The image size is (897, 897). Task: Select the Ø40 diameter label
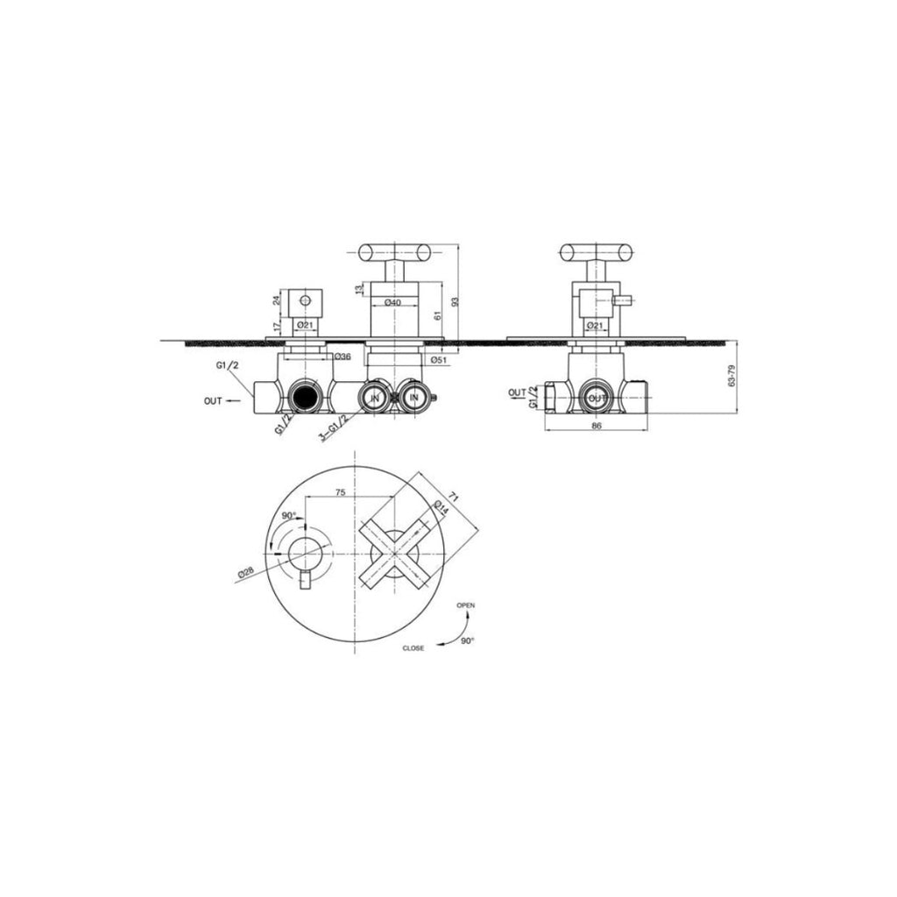point(393,302)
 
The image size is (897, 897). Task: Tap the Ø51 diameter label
point(437,358)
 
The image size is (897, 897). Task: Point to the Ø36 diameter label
point(342,357)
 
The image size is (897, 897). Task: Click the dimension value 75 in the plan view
point(340,493)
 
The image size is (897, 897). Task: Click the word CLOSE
point(413,648)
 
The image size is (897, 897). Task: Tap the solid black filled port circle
point(304,398)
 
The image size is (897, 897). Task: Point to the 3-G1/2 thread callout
point(334,427)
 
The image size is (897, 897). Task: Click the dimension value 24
point(277,300)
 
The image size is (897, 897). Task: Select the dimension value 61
point(437,315)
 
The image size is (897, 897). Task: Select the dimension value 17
point(277,328)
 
